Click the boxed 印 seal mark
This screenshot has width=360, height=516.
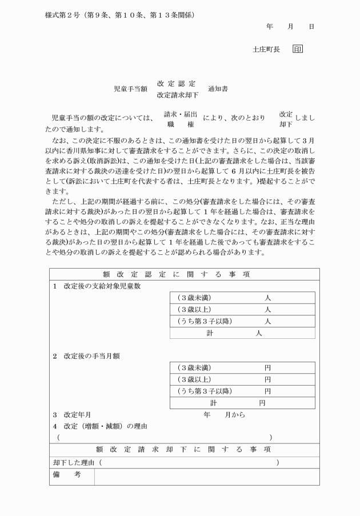pyautogui.click(x=298, y=50)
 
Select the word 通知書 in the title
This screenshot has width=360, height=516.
pyautogui.click(x=218, y=89)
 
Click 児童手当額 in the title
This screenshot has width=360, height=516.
pyautogui.click(x=131, y=89)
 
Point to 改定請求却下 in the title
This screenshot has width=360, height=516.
pyautogui.click(x=178, y=95)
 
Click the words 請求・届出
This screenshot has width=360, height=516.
pyautogui.click(x=181, y=114)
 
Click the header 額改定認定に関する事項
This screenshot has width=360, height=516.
pyautogui.click(x=184, y=274)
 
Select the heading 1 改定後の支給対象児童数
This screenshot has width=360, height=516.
pyautogui.click(x=97, y=286)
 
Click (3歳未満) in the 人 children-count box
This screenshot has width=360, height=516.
pyautogui.click(x=194, y=297)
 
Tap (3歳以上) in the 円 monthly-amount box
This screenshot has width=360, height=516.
pyautogui.click(x=194, y=379)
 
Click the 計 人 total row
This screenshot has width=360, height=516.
pyautogui.click(x=242, y=333)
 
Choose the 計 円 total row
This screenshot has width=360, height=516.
pyautogui.click(x=242, y=403)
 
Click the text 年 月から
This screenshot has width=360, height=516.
pyautogui.click(x=224, y=415)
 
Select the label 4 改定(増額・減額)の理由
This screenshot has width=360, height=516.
pyautogui.click(x=101, y=426)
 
